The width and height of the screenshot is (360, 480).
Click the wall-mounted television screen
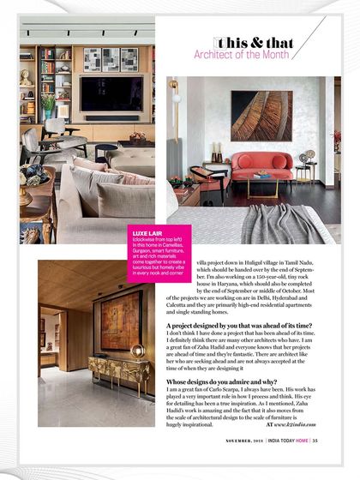[x=111, y=93]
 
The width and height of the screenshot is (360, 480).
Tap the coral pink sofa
[x=261, y=163]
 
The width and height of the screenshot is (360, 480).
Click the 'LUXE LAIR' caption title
[x=143, y=232]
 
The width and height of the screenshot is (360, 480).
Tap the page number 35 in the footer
[x=315, y=465]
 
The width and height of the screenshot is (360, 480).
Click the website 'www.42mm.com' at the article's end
[x=297, y=423]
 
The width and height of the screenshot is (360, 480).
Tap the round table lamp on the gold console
[x=137, y=351]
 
